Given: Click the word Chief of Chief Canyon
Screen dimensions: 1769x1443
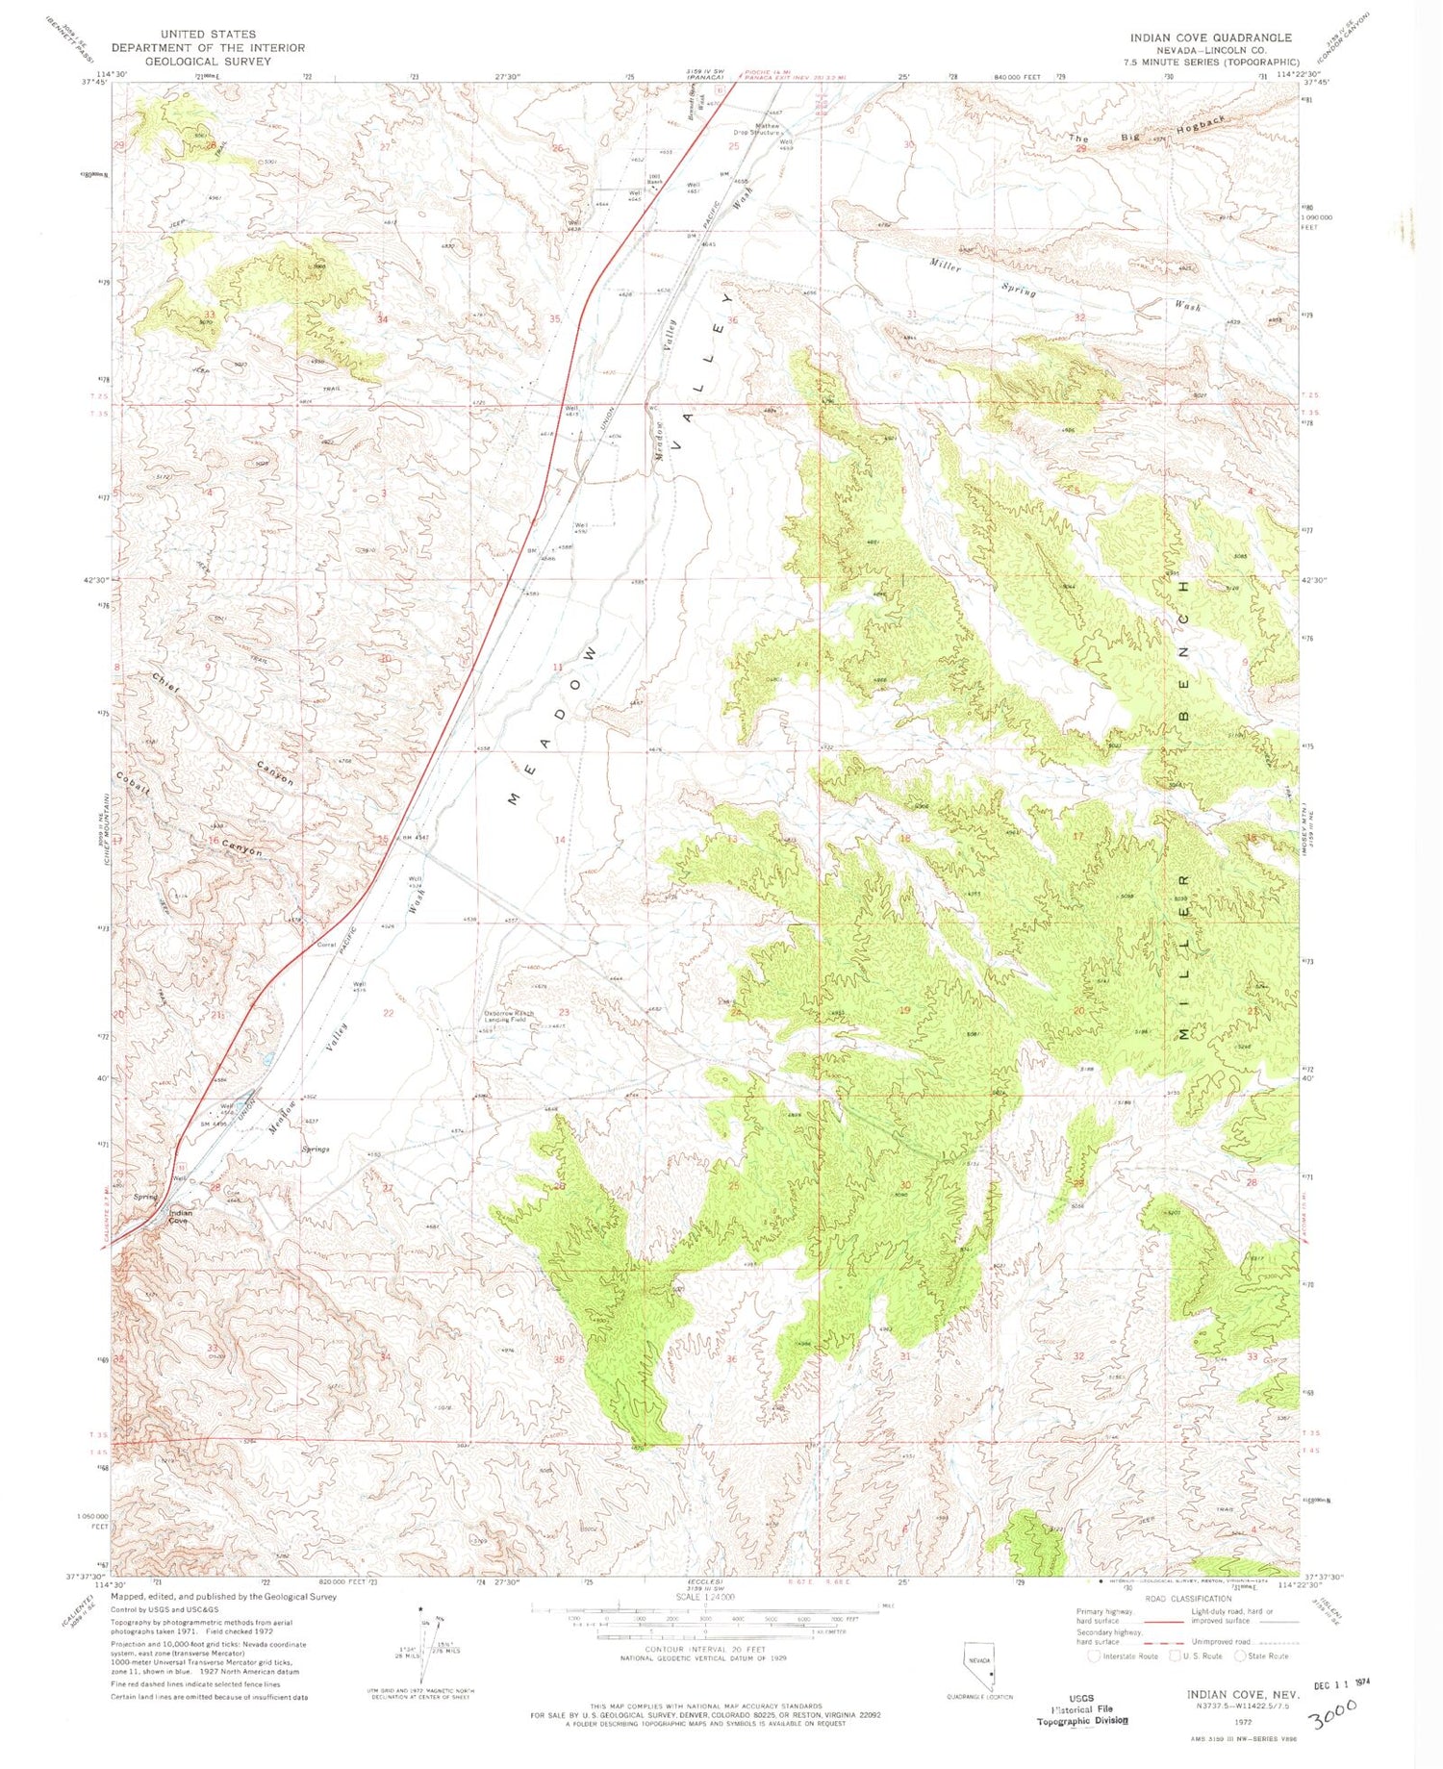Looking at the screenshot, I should coord(165,683).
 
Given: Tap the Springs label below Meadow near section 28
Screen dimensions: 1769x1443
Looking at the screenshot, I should coord(316,1150).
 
